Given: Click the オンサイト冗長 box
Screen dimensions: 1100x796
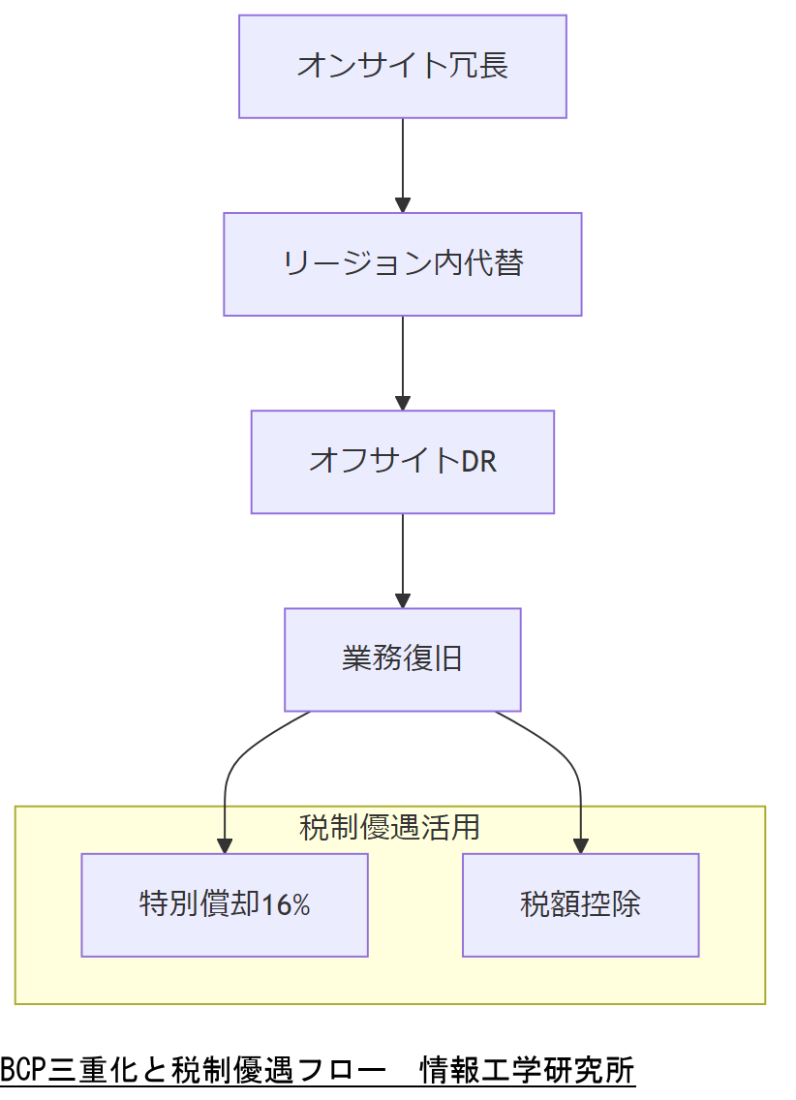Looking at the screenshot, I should pyautogui.click(x=402, y=67).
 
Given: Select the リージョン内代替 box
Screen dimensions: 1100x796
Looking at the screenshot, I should pyautogui.click(x=402, y=264).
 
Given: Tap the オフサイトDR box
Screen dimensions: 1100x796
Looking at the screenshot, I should pyautogui.click(x=402, y=462).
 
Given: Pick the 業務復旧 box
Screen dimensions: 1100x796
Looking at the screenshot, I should pyautogui.click(x=402, y=659).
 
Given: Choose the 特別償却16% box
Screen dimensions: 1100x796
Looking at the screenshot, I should pyautogui.click(x=225, y=905).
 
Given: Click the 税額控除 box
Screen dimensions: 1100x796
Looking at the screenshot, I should pyautogui.click(x=580, y=905).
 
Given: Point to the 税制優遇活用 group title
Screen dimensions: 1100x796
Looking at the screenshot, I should pyautogui.click(x=389, y=828).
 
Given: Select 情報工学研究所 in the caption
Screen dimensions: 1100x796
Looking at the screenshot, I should pyautogui.click(x=527, y=1070).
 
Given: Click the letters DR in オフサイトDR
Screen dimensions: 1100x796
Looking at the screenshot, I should pyautogui.click(x=478, y=462).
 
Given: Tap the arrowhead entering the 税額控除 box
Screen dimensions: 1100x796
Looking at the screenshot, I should pyautogui.click(x=581, y=845).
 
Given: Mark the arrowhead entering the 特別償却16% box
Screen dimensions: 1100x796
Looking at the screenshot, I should pyautogui.click(x=225, y=845).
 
